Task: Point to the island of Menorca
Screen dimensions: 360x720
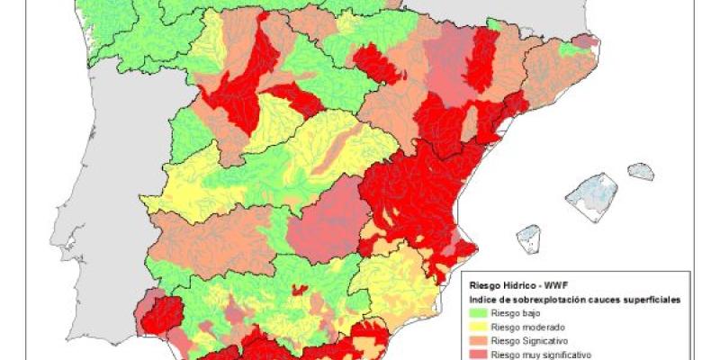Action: click(x=641, y=171)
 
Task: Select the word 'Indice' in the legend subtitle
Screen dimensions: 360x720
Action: click(x=482, y=296)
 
